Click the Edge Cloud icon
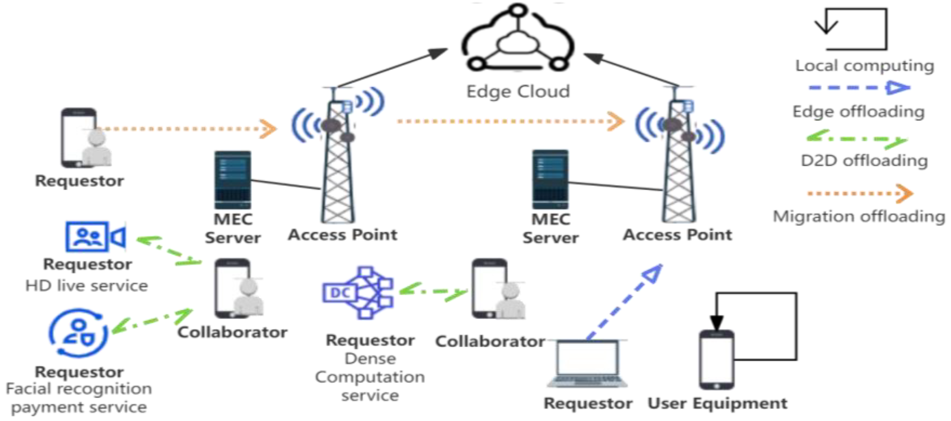517,39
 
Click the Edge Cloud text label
518,92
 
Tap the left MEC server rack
232,180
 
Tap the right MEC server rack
550,179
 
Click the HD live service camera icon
95,237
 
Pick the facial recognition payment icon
78,333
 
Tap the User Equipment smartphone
716,359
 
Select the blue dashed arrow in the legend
859,88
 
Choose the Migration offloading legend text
859,216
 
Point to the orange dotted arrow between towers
510,121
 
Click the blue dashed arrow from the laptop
624,301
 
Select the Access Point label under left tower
342,235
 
